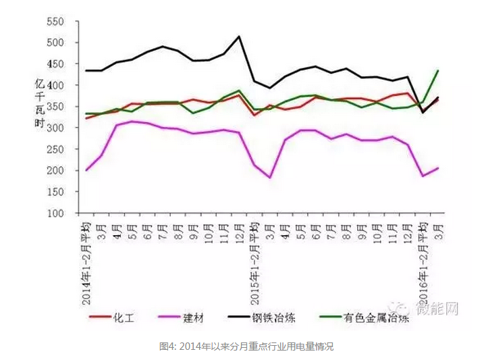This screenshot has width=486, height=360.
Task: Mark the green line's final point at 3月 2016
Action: pos(439,70)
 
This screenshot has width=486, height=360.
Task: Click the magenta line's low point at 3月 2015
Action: pos(270,178)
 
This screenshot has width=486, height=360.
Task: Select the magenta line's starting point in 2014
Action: pos(86,170)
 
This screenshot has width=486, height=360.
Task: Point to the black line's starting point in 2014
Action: pos(86,70)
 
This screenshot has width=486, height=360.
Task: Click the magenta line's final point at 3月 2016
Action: pos(439,168)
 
